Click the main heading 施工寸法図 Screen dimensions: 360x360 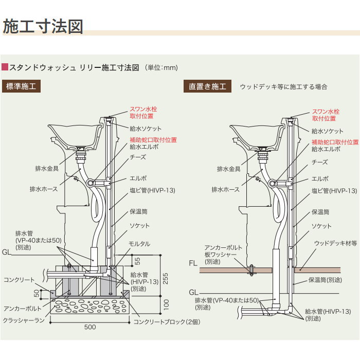click(x=43, y=27)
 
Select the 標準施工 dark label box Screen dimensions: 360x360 click(x=21, y=86)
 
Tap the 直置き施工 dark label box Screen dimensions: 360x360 click(x=208, y=86)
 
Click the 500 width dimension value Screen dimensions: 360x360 click(x=91, y=327)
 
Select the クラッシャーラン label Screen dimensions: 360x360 click(x=23, y=320)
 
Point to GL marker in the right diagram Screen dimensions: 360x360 click(x=192, y=291)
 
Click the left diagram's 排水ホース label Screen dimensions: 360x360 click(x=44, y=189)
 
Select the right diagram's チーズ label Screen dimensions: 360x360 click(x=319, y=162)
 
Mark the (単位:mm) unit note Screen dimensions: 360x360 click(x=161, y=67)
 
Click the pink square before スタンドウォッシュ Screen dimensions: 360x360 click(x=6, y=67)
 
